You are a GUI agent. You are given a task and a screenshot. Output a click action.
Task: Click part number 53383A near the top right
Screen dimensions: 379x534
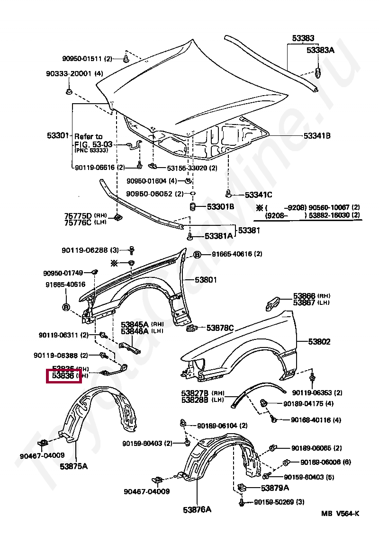coord(320,50)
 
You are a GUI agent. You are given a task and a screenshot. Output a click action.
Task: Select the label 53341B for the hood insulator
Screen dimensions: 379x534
coord(317,136)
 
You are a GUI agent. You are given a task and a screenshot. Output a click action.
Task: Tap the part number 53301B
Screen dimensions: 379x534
coord(220,206)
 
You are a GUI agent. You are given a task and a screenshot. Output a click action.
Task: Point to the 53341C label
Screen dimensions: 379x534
coord(258,195)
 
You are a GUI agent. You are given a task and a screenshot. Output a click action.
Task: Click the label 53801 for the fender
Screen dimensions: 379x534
coord(206,280)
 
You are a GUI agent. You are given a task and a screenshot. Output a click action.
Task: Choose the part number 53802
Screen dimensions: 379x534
coord(319,342)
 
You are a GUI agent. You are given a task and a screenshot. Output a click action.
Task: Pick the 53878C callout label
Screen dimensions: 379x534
coord(220,328)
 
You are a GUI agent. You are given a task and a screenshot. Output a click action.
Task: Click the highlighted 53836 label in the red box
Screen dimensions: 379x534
coord(63,376)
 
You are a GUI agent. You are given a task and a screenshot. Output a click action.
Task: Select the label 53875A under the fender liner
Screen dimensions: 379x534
coord(73,466)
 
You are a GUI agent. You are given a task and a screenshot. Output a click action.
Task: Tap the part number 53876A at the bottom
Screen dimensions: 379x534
coord(197,510)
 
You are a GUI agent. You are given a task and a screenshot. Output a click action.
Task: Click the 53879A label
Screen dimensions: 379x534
coord(275,488)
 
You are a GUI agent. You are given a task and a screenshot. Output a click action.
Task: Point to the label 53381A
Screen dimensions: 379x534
coord(219,236)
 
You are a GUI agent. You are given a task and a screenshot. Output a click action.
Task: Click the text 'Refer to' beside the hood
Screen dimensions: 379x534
coord(88,136)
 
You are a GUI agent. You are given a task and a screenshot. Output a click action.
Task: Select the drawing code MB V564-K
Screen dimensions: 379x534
coord(340,514)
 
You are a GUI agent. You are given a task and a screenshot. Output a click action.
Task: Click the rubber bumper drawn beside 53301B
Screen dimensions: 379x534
coord(193,207)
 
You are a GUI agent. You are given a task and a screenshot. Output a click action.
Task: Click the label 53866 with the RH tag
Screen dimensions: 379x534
coord(304,296)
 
